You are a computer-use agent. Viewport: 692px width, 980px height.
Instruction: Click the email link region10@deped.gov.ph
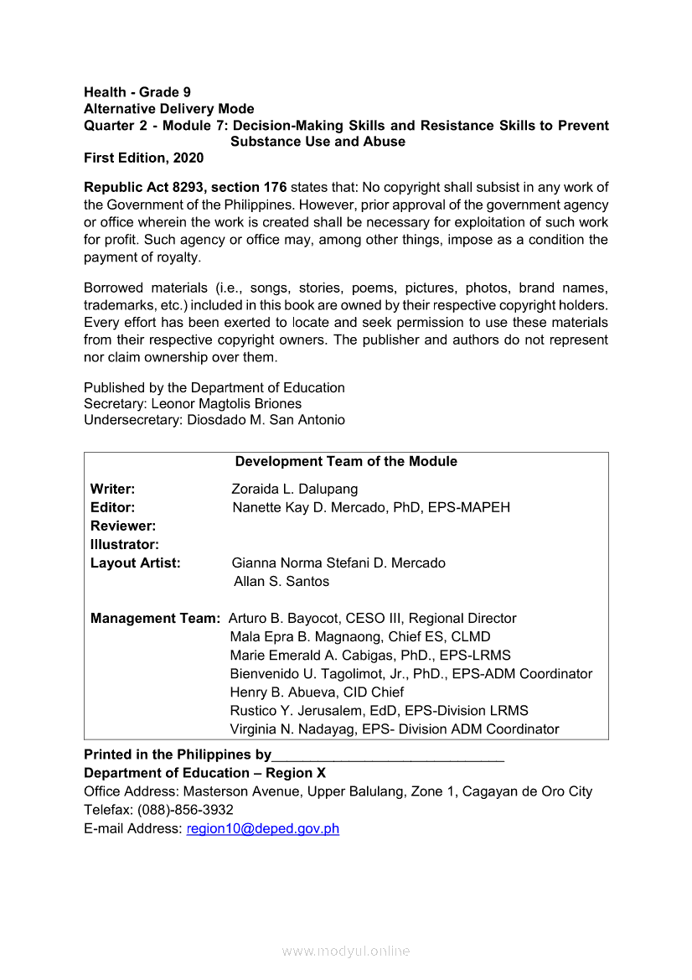[262, 828]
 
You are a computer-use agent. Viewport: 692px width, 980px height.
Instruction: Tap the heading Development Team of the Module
[346, 461]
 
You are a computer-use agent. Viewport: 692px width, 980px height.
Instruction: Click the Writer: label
[112, 489]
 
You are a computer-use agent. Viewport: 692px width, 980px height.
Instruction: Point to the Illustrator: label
[125, 544]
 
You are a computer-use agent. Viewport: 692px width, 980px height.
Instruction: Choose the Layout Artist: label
[135, 563]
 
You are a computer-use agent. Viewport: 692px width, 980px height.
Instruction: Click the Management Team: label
[155, 618]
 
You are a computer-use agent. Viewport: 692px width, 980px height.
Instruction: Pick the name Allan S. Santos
[281, 581]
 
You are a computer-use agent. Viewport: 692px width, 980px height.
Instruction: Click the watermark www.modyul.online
[346, 951]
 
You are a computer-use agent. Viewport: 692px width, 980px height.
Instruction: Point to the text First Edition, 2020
[143, 158]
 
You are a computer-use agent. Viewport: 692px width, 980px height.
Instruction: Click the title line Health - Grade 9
[137, 92]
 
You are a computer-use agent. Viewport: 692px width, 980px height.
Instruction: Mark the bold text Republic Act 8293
[139, 187]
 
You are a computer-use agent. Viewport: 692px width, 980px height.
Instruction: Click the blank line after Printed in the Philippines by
[387, 754]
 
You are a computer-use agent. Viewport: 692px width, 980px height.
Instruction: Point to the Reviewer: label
[123, 526]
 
